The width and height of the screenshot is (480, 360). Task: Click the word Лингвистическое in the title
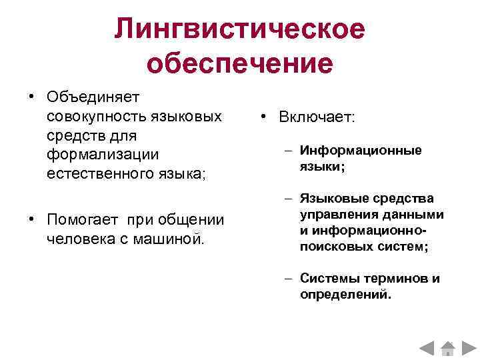(x=240, y=29)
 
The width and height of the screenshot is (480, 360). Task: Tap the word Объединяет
(x=92, y=97)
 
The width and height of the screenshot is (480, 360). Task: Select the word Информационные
(x=361, y=150)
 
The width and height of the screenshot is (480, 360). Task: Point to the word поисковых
(x=331, y=246)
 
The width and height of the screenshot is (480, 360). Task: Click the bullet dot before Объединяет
(x=31, y=97)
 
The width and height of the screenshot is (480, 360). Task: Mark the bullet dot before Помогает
(x=31, y=219)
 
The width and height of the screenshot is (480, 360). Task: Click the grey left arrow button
(x=427, y=347)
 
